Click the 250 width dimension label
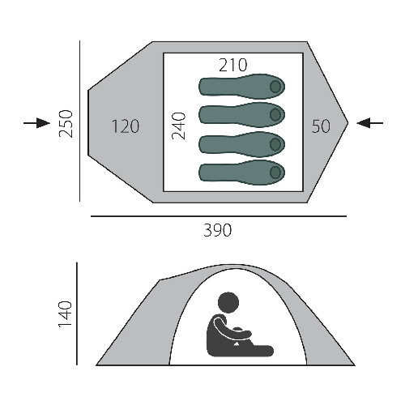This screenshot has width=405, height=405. (x=66, y=124)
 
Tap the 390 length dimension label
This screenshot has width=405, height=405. (x=218, y=230)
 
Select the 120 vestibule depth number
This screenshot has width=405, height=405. (x=126, y=126)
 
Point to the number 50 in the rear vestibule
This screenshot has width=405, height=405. (x=321, y=126)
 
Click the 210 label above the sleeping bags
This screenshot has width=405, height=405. (x=232, y=65)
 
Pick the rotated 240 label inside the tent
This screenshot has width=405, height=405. (x=179, y=126)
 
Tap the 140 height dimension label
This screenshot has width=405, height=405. (x=66, y=314)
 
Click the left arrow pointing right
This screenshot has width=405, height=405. (x=36, y=123)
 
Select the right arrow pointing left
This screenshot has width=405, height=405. (x=370, y=123)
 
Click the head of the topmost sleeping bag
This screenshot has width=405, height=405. (x=275, y=87)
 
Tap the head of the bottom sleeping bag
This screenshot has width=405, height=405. (x=275, y=173)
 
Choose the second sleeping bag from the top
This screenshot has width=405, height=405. (x=242, y=115)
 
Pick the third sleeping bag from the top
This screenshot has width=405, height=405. (x=242, y=143)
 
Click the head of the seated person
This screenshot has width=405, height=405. (x=228, y=303)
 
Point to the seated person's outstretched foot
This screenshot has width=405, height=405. (x=266, y=350)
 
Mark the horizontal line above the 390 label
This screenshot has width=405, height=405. (x=219, y=216)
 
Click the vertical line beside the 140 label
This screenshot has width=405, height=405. (x=77, y=313)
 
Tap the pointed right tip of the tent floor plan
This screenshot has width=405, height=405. (x=347, y=123)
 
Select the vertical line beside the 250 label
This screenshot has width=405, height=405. (x=79, y=122)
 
